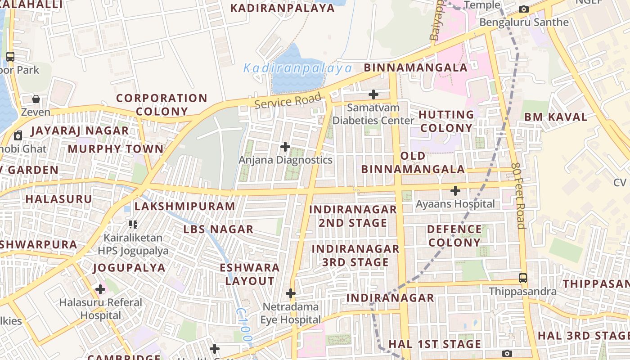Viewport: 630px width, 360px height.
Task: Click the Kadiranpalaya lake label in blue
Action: click(x=297, y=68)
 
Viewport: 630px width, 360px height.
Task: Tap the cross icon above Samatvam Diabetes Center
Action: click(x=373, y=94)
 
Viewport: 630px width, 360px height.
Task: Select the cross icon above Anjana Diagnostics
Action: click(x=285, y=147)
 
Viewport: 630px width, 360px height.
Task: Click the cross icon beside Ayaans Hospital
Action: click(x=455, y=191)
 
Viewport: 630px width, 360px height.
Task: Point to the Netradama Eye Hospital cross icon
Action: click(x=291, y=293)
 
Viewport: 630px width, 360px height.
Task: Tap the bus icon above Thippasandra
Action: click(x=523, y=278)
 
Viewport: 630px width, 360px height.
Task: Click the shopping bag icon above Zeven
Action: click(x=36, y=99)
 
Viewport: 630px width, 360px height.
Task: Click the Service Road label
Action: click(x=288, y=100)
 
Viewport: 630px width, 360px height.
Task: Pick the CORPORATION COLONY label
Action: click(x=162, y=104)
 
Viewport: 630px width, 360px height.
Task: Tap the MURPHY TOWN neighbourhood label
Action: click(x=116, y=148)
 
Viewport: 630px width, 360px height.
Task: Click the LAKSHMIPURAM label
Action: click(x=184, y=206)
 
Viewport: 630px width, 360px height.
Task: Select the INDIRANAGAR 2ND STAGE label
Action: click(x=353, y=216)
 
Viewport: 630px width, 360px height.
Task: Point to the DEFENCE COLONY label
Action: click(x=454, y=236)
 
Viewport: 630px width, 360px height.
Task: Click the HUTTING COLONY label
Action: click(x=446, y=121)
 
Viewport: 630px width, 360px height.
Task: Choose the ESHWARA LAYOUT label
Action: click(x=250, y=274)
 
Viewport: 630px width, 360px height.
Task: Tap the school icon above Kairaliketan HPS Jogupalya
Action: click(x=133, y=224)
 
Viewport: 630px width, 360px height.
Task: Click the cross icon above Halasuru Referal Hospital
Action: click(x=100, y=289)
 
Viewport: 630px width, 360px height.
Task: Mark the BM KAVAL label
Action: click(x=556, y=117)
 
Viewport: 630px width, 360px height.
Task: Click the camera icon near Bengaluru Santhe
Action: click(x=523, y=9)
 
